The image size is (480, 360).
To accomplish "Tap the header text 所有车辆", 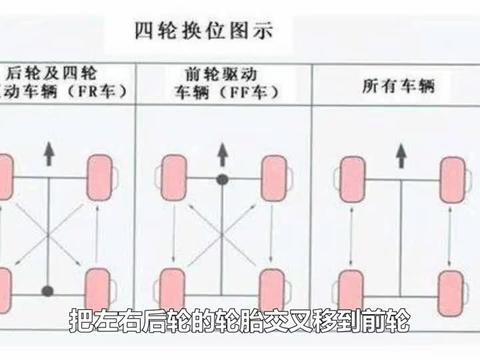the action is [x=392, y=87].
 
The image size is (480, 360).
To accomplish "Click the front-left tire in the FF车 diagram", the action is [x=170, y=180].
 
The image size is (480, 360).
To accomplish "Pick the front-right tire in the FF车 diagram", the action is [x=272, y=180].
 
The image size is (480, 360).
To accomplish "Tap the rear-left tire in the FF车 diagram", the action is [x=170, y=288].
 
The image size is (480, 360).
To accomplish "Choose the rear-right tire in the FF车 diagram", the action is [x=272, y=288].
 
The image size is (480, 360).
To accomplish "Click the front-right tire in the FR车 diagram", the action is [x=98, y=180].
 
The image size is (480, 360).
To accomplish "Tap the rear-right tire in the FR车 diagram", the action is [x=98, y=288].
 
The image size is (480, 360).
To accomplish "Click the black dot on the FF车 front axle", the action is [x=222, y=181].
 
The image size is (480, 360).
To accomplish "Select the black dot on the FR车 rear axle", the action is [x=47, y=291].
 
